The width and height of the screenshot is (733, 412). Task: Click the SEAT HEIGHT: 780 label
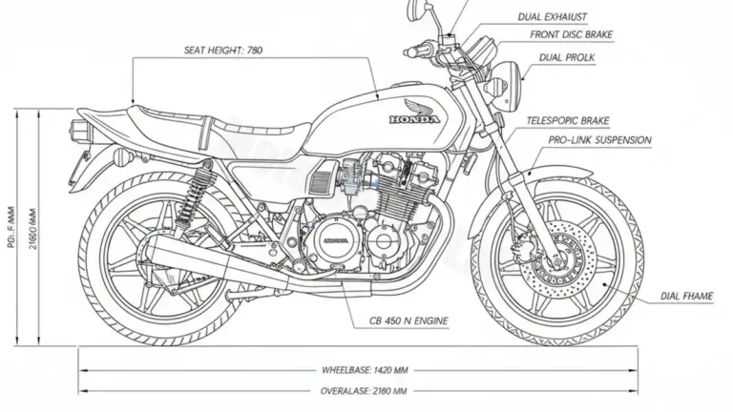(x=221, y=51)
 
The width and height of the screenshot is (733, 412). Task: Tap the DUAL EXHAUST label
(x=553, y=16)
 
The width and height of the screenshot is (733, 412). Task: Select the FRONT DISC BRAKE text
(x=572, y=35)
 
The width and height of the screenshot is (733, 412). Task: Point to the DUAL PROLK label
(x=565, y=58)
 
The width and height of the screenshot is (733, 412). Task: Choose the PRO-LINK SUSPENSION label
(x=600, y=140)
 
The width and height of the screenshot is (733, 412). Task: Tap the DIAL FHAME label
(x=687, y=297)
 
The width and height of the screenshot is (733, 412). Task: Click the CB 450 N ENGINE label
(x=409, y=320)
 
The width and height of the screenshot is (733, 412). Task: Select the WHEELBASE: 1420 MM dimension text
(x=366, y=368)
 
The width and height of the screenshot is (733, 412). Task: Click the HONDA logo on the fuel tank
(x=414, y=119)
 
